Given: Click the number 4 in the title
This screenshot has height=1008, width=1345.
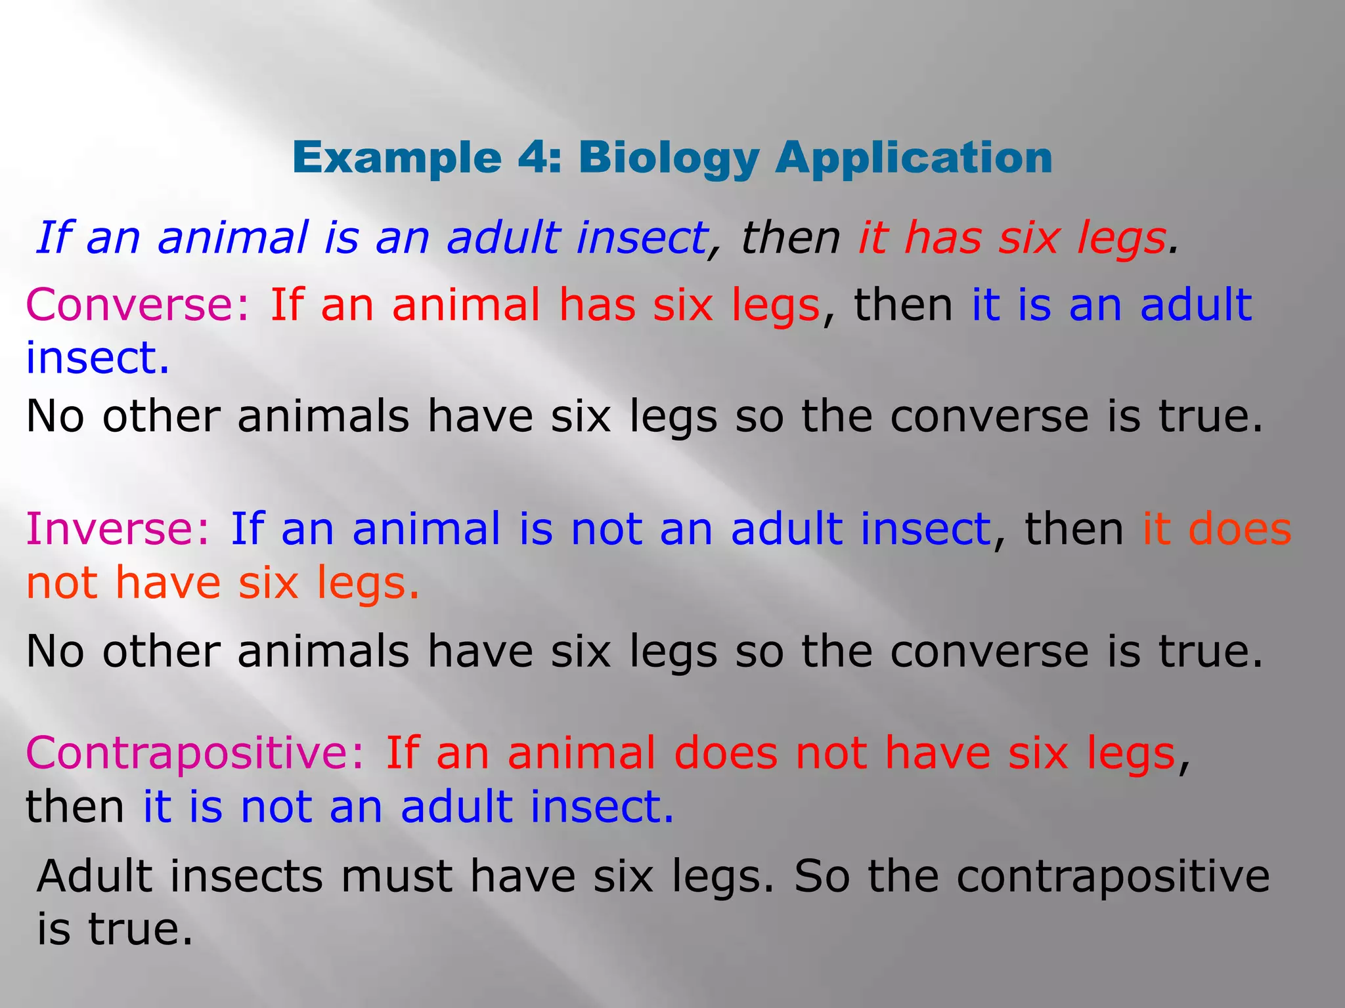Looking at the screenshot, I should click(531, 158).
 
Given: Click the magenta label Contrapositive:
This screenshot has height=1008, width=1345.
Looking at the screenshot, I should click(195, 753).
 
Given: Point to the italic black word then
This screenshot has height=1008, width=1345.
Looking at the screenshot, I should click(791, 238).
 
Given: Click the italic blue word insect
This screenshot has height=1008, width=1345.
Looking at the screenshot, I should click(641, 238).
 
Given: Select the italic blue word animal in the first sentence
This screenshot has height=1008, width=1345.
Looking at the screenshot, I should click(232, 238).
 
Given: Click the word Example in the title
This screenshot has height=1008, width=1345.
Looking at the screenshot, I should click(397, 159).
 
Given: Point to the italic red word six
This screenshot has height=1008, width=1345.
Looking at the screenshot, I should click(1029, 238).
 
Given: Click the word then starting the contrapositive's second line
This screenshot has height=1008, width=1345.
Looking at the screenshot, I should click(75, 807).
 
